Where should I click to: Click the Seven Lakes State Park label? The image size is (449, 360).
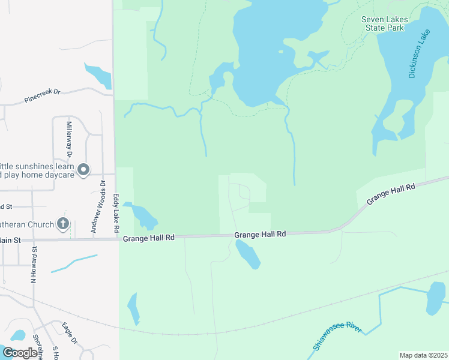[385, 23]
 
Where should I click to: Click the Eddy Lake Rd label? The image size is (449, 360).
[116, 213]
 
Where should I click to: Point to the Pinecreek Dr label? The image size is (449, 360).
[43, 96]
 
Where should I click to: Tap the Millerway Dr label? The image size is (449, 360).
[69, 139]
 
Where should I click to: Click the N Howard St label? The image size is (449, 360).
[34, 264]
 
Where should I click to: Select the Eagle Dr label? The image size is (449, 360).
[70, 334]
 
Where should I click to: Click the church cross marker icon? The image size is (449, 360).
[63, 224]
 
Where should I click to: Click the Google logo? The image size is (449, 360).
[19, 353]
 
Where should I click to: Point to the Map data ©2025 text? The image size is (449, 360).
[423, 355]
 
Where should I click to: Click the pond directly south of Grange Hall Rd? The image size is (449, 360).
[248, 254]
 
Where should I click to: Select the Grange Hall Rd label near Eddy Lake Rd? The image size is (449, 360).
[149, 238]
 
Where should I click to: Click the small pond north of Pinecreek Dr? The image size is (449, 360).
[98, 76]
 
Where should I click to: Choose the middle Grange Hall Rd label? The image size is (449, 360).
[260, 235]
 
